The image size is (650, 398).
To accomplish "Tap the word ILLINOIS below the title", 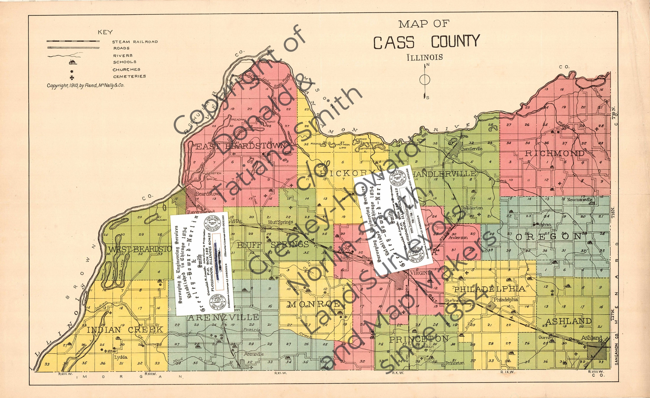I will coord(424,57).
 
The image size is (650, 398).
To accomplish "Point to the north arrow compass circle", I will coord(424,79).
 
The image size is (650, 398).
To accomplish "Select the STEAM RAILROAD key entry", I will coord(135,42).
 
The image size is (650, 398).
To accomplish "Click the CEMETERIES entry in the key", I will coord(129,76).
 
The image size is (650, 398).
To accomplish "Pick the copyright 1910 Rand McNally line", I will coord(85,85).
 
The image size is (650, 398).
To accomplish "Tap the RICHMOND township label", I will coord(554,153).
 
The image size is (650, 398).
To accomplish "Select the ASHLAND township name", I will coord(568,321).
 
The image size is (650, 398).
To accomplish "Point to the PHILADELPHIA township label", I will coord(490,289).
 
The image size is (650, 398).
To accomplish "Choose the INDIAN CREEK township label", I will coord(125,329).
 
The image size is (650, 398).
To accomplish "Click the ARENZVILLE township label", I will coord(223,317).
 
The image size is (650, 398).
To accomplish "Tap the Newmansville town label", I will coord(580,199).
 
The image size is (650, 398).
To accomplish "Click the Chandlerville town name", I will coord(471,149).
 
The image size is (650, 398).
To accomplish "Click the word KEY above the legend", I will coord(105,32).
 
